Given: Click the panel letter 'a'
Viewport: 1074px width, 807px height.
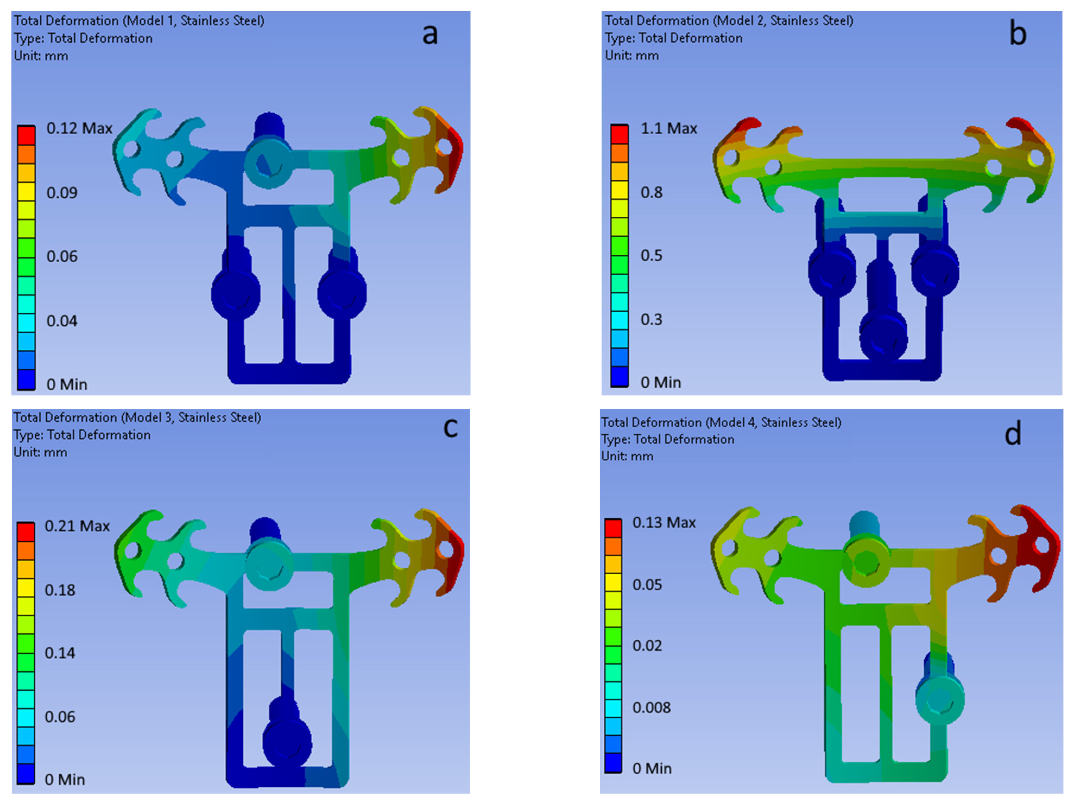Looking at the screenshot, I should (x=430, y=35).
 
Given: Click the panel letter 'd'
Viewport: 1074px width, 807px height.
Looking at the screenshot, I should (x=1012, y=433).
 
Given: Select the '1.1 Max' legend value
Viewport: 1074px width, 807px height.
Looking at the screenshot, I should (x=669, y=129).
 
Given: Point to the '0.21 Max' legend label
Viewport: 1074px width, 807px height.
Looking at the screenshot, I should (x=77, y=526).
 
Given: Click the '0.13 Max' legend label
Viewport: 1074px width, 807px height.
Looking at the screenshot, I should (x=664, y=523).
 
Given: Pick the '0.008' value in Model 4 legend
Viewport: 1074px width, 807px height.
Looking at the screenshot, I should (x=651, y=707).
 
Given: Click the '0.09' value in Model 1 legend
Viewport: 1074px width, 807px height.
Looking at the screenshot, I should (x=62, y=193).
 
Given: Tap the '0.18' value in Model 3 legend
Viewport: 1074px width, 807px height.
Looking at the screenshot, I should (x=60, y=590).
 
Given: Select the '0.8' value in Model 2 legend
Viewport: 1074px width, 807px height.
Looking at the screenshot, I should (x=651, y=193).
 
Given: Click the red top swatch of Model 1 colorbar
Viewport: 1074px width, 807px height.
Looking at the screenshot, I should (x=26, y=135).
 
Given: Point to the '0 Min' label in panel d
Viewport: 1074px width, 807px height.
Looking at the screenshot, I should (x=652, y=769).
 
